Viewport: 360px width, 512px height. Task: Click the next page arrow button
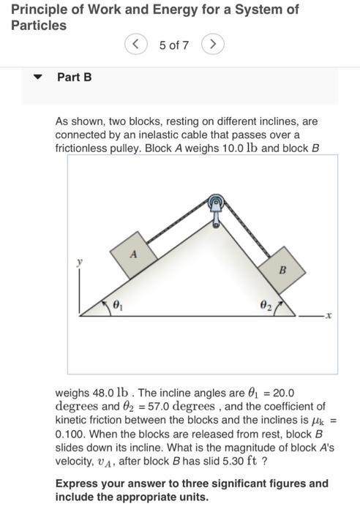pos(212,45)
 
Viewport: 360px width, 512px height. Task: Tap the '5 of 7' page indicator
pos(174,45)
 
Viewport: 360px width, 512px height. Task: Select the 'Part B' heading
pos(74,77)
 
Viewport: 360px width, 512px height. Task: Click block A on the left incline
pos(133,255)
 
